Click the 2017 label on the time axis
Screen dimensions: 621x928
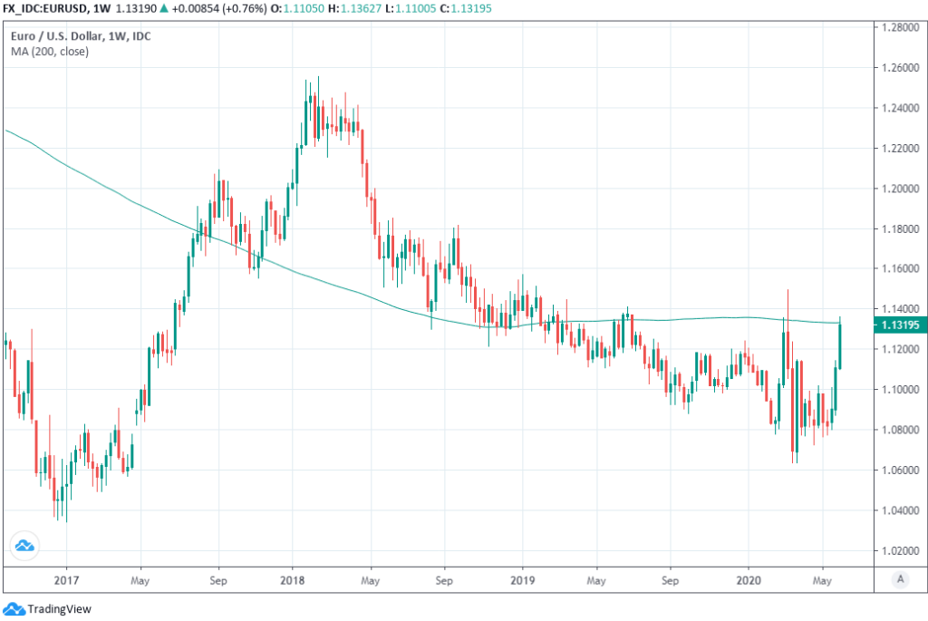[x=64, y=578]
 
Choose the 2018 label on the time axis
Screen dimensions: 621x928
[x=291, y=578]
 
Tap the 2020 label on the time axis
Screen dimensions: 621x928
[x=749, y=578]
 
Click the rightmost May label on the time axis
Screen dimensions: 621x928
[x=822, y=578]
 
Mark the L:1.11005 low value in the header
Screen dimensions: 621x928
[x=416, y=9]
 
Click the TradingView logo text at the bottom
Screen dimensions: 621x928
[x=60, y=609]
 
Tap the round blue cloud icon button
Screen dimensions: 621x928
[x=24, y=546]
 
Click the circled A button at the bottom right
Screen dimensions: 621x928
[x=900, y=578]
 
